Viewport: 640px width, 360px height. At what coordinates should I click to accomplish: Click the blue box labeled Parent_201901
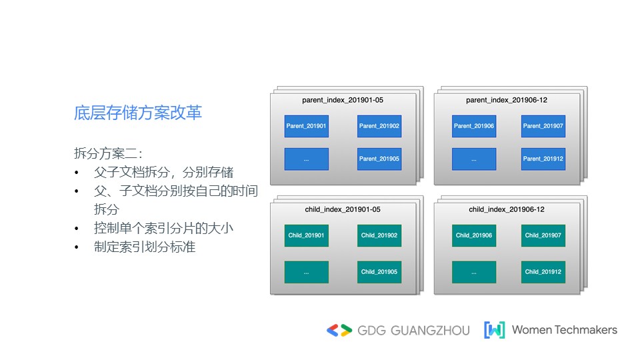[306, 126]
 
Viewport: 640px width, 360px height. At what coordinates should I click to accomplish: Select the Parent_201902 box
[379, 126]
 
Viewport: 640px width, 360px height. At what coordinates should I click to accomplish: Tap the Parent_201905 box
[379, 159]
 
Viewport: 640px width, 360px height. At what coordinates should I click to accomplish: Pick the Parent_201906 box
[474, 126]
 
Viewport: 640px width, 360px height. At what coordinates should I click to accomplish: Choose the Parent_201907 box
[543, 126]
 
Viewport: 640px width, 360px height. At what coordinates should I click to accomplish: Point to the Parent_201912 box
[543, 159]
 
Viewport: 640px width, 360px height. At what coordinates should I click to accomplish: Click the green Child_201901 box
[306, 235]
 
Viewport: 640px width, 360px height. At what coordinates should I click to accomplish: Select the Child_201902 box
[379, 235]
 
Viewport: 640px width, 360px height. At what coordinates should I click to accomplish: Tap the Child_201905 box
[379, 272]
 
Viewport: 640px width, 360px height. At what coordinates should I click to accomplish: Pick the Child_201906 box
[474, 235]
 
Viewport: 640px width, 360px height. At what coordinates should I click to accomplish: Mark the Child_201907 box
[543, 235]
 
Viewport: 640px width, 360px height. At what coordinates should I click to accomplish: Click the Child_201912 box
[543, 272]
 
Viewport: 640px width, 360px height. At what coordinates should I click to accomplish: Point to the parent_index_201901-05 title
[343, 100]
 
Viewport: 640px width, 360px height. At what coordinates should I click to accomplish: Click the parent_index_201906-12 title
[507, 100]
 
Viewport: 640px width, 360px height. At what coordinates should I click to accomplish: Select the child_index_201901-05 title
[343, 209]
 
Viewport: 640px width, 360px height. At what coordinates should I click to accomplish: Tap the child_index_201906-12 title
[507, 209]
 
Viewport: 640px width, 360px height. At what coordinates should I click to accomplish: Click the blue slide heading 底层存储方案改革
[138, 113]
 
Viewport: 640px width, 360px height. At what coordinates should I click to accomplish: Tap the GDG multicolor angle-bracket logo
[339, 330]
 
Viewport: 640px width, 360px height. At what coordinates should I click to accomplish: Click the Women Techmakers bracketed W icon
[494, 330]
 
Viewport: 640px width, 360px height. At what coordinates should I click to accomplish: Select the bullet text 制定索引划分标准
[145, 247]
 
